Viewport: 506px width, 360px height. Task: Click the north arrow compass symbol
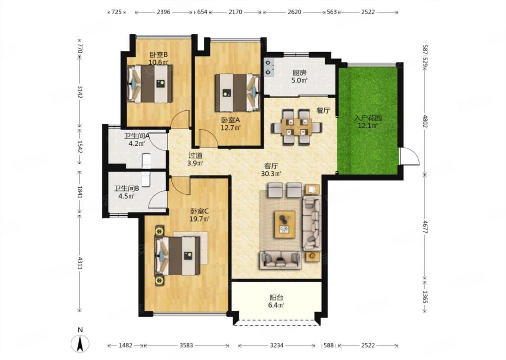tap(81, 343)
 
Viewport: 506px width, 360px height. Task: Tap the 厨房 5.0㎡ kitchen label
tap(299, 76)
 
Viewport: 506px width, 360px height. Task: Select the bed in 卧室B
tap(150, 84)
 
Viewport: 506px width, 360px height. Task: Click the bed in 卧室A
tap(237, 93)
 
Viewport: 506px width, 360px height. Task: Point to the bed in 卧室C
tap(177, 256)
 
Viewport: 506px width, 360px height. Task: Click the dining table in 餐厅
tap(296, 127)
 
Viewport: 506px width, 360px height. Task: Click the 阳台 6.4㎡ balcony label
tap(277, 301)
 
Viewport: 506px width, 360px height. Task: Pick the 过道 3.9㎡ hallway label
tap(195, 159)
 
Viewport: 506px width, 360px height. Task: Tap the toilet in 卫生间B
tap(146, 179)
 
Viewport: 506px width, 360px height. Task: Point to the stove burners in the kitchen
tap(269, 67)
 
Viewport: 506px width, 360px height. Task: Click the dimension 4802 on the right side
tap(425, 121)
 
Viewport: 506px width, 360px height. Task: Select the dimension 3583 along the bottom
tap(186, 346)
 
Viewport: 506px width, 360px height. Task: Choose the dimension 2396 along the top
tap(163, 12)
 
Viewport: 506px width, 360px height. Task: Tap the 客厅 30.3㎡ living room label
tap(271, 170)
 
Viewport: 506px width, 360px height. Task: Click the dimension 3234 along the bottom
tap(277, 346)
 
